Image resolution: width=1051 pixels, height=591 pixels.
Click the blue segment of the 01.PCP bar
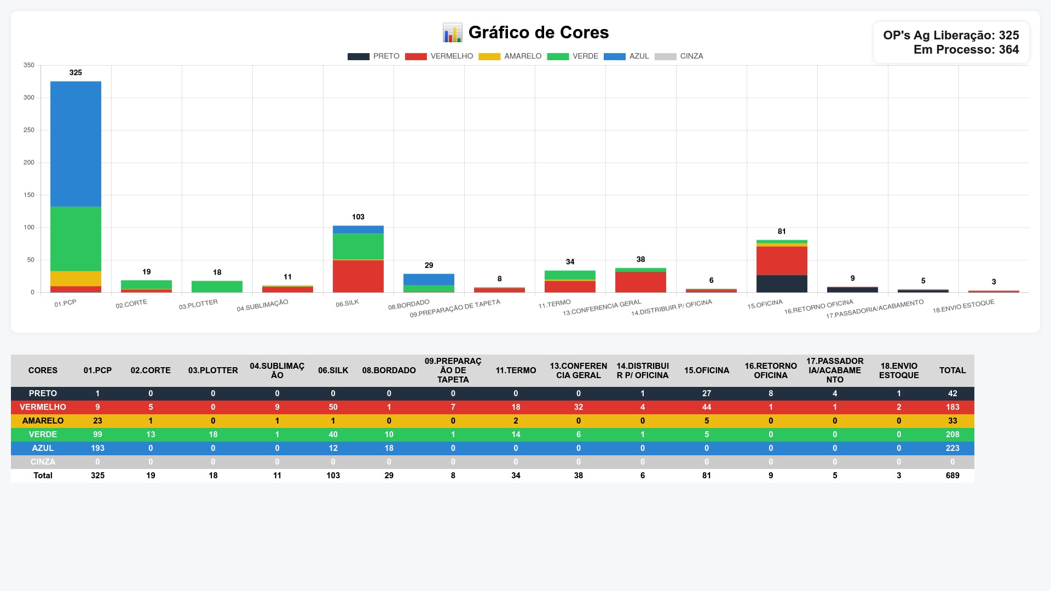(x=76, y=144)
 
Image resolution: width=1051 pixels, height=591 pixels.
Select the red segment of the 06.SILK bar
(x=358, y=276)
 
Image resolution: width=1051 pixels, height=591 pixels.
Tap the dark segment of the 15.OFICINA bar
(x=782, y=283)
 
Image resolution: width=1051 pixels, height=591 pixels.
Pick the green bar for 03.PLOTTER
(x=217, y=287)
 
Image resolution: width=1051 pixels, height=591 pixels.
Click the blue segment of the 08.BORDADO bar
(x=429, y=280)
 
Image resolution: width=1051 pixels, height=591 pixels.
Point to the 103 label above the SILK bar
(x=358, y=217)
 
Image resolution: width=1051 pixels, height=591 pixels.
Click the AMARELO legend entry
(x=510, y=56)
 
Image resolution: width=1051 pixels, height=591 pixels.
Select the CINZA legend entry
(x=679, y=56)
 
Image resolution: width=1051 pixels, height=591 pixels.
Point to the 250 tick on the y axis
(x=29, y=130)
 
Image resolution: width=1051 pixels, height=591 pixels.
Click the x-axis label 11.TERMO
(x=555, y=304)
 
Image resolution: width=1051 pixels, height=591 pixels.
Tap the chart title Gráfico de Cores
(x=539, y=32)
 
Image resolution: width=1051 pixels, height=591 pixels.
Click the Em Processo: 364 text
(x=966, y=49)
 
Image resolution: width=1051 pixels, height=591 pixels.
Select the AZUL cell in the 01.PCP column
(x=97, y=448)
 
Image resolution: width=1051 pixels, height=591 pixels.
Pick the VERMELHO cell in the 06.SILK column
(x=333, y=407)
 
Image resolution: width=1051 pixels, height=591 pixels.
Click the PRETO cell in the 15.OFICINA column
(x=707, y=393)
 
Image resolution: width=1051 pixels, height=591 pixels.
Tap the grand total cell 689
(x=952, y=476)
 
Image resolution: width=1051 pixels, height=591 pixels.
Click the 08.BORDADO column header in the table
(x=389, y=370)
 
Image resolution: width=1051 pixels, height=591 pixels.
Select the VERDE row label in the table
(x=43, y=434)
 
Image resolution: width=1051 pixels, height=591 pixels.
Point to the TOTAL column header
(x=952, y=370)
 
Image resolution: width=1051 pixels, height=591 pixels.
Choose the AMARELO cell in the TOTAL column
(x=952, y=421)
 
